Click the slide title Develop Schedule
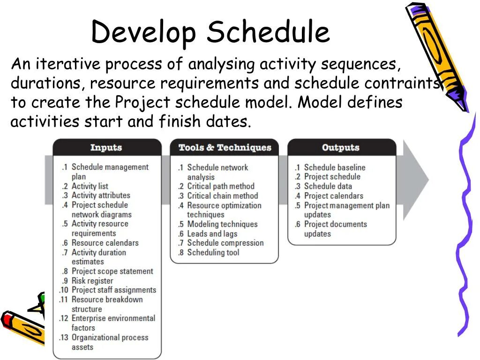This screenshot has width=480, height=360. tap(210, 33)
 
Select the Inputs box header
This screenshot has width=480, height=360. tap(106, 148)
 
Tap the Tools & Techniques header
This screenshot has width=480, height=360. tap(225, 148)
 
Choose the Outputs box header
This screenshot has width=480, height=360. tap(340, 148)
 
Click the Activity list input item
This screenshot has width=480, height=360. tap(90, 186)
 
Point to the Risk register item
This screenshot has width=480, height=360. tap(92, 281)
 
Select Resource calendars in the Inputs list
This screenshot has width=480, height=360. tap(105, 243)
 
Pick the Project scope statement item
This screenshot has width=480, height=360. tap(112, 271)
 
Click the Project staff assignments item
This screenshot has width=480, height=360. tap(113, 290)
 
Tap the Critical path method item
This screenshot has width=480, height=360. tap(220, 186)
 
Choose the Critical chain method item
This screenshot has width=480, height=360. tap(222, 196)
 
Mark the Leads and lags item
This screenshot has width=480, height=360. tap(212, 233)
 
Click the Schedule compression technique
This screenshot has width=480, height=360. tap(225, 243)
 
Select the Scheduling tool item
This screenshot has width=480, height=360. tap(213, 253)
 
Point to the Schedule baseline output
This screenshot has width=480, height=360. tap(334, 167)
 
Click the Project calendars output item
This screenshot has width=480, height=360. tap(333, 196)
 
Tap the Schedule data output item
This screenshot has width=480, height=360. tap(328, 186)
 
